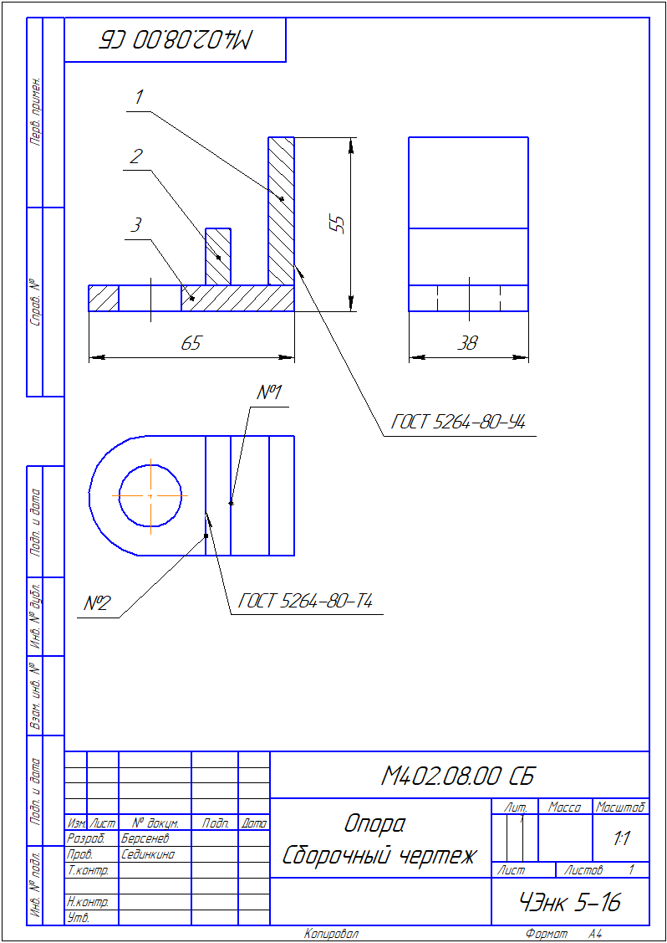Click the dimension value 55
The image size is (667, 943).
click(x=339, y=223)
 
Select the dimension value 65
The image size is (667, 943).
click(x=191, y=343)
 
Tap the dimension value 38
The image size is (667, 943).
click(x=467, y=343)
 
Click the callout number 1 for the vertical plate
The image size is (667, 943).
click(x=139, y=97)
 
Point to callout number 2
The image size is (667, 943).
click(x=136, y=156)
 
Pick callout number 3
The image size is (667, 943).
click(x=136, y=226)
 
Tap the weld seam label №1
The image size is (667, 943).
click(x=269, y=392)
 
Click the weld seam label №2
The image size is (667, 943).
click(x=97, y=603)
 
